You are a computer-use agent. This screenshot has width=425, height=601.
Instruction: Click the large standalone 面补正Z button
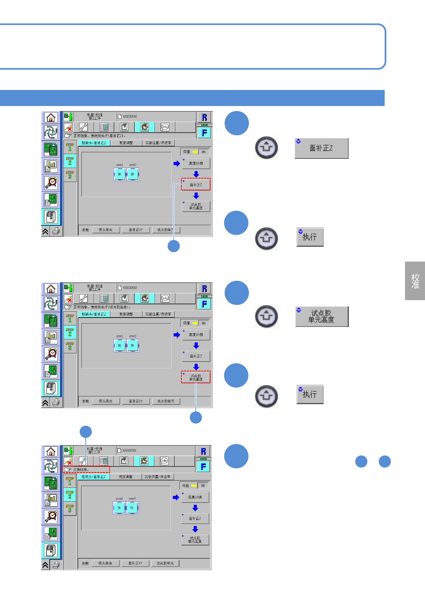[321, 148]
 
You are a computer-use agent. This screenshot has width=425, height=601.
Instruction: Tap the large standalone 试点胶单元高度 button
[321, 317]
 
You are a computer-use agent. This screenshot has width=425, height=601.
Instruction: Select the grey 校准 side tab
[415, 281]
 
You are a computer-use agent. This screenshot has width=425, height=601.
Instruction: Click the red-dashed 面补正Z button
[196, 185]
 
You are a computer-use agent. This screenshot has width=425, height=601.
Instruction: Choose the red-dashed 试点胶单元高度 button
[196, 377]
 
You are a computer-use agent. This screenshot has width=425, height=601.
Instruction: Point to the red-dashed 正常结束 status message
[86, 469]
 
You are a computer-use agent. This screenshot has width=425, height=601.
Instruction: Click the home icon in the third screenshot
[51, 451]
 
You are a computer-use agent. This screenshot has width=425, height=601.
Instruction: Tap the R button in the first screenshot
[204, 117]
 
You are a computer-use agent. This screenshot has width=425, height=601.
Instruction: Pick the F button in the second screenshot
[204, 304]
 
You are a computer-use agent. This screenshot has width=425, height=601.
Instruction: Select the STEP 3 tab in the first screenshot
[70, 175]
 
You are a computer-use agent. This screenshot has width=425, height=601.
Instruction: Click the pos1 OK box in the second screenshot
[120, 345]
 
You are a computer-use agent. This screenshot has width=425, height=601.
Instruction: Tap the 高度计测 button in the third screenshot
[195, 497]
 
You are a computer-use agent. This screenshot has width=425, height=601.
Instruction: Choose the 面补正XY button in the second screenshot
[136, 401]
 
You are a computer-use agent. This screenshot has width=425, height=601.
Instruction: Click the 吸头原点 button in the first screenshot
[106, 230]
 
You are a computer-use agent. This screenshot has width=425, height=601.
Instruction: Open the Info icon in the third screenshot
[164, 461]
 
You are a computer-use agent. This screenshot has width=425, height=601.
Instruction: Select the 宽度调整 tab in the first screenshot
[126, 143]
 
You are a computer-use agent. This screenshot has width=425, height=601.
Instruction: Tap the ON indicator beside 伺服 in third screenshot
[202, 485]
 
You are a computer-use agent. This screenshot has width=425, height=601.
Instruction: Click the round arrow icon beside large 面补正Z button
[266, 147]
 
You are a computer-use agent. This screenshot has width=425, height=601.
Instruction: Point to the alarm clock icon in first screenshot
[51, 183]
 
